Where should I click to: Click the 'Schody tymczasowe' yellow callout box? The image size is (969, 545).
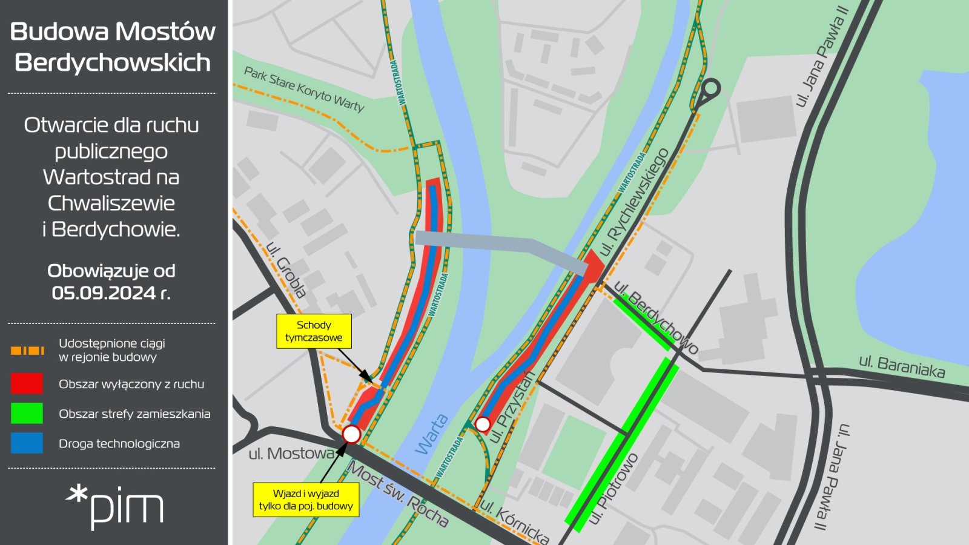(314, 331)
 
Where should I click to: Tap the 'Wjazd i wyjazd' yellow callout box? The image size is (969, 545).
(306, 500)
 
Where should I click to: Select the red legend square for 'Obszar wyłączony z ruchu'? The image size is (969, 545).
(27, 384)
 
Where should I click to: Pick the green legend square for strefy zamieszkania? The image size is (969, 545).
(27, 414)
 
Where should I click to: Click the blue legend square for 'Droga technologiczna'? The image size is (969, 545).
(27, 443)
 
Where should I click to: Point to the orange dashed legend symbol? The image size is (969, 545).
(27, 351)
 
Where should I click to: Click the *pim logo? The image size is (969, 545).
(114, 507)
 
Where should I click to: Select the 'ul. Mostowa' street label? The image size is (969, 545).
(291, 453)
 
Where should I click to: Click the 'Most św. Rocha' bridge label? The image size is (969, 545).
(397, 494)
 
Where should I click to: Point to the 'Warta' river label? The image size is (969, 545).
(432, 434)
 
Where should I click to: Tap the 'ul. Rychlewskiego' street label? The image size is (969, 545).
(634, 201)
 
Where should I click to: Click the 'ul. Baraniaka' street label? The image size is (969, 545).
(901, 366)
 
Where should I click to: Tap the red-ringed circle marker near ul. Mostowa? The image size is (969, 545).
(351, 434)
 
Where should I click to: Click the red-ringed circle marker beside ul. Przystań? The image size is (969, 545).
(483, 424)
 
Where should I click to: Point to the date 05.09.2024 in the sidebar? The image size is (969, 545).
(104, 293)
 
